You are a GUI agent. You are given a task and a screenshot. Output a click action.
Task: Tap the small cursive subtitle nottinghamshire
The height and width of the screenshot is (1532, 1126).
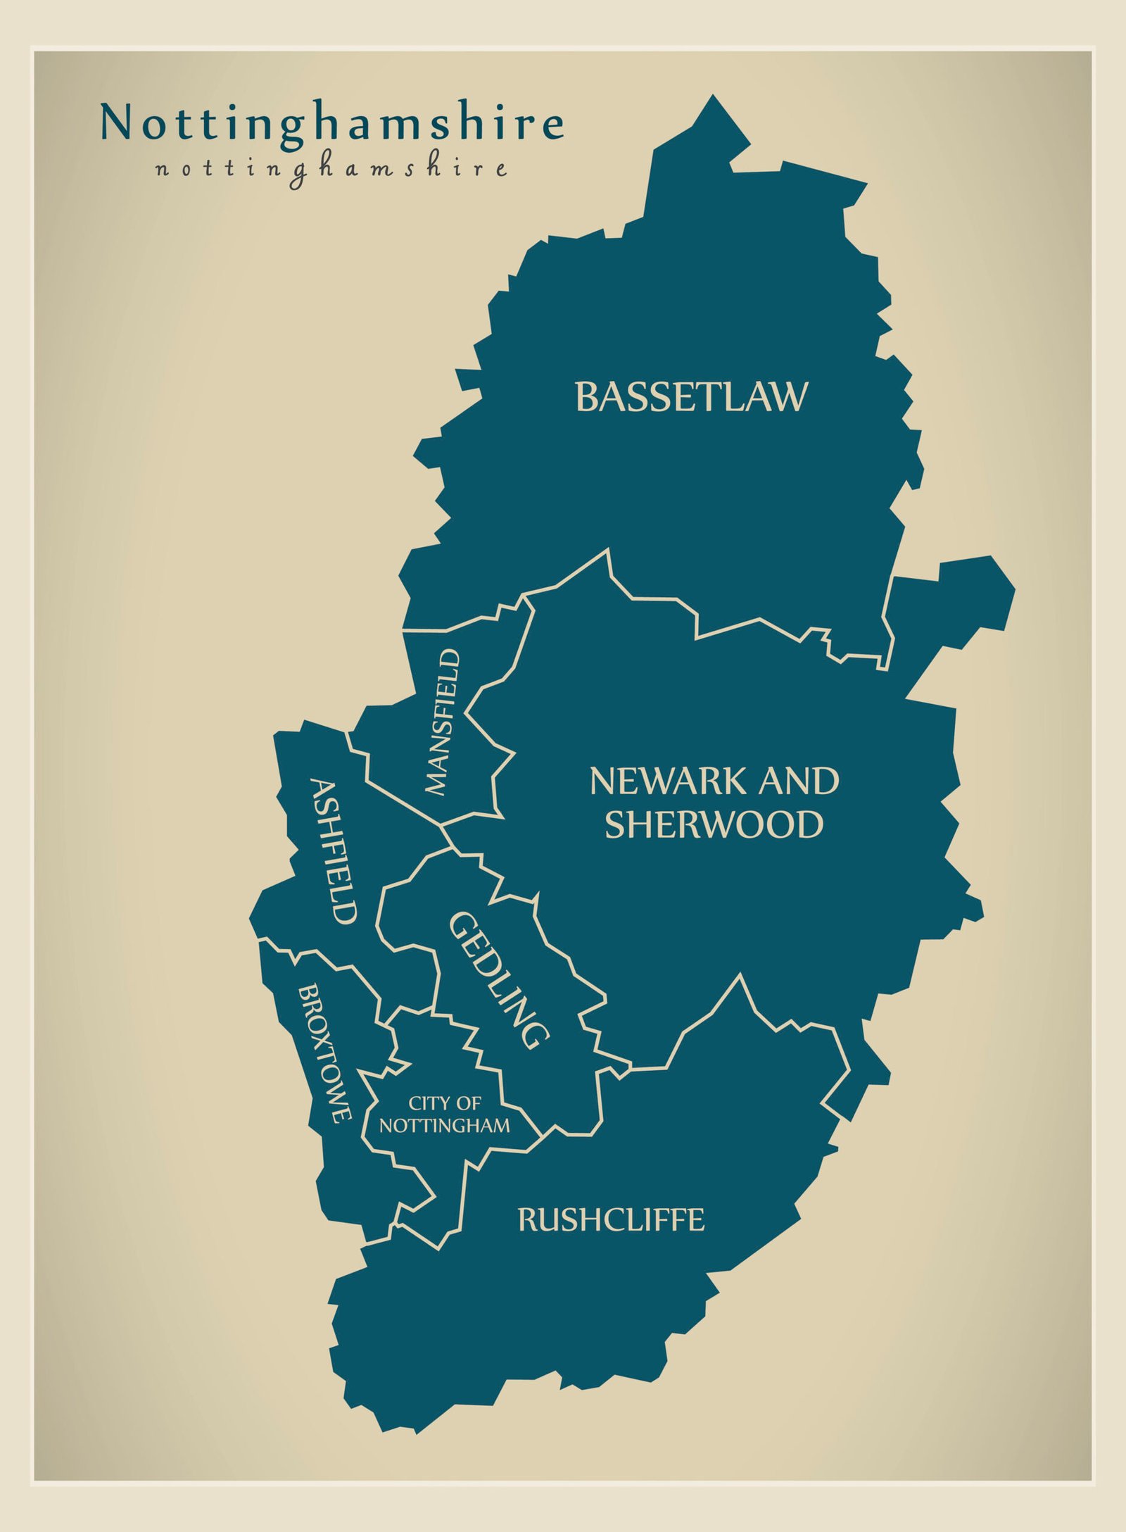(x=331, y=170)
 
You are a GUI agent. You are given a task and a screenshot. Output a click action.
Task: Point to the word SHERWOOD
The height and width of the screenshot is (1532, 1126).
(x=714, y=825)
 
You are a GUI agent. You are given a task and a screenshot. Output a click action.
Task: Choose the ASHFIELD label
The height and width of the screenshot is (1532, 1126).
(x=334, y=852)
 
